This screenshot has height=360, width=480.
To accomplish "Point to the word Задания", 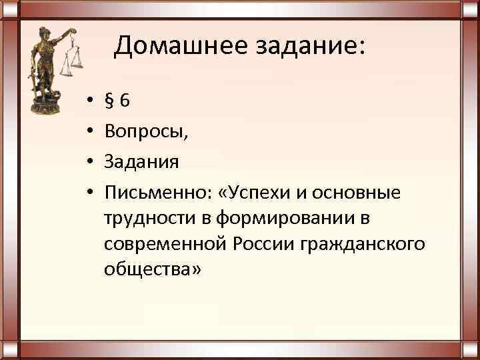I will pos(141,162).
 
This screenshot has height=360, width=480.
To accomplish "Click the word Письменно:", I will pos(157,193).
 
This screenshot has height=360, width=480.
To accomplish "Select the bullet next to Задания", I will pos(89,163).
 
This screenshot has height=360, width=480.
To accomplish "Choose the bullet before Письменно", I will pos(89,193).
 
